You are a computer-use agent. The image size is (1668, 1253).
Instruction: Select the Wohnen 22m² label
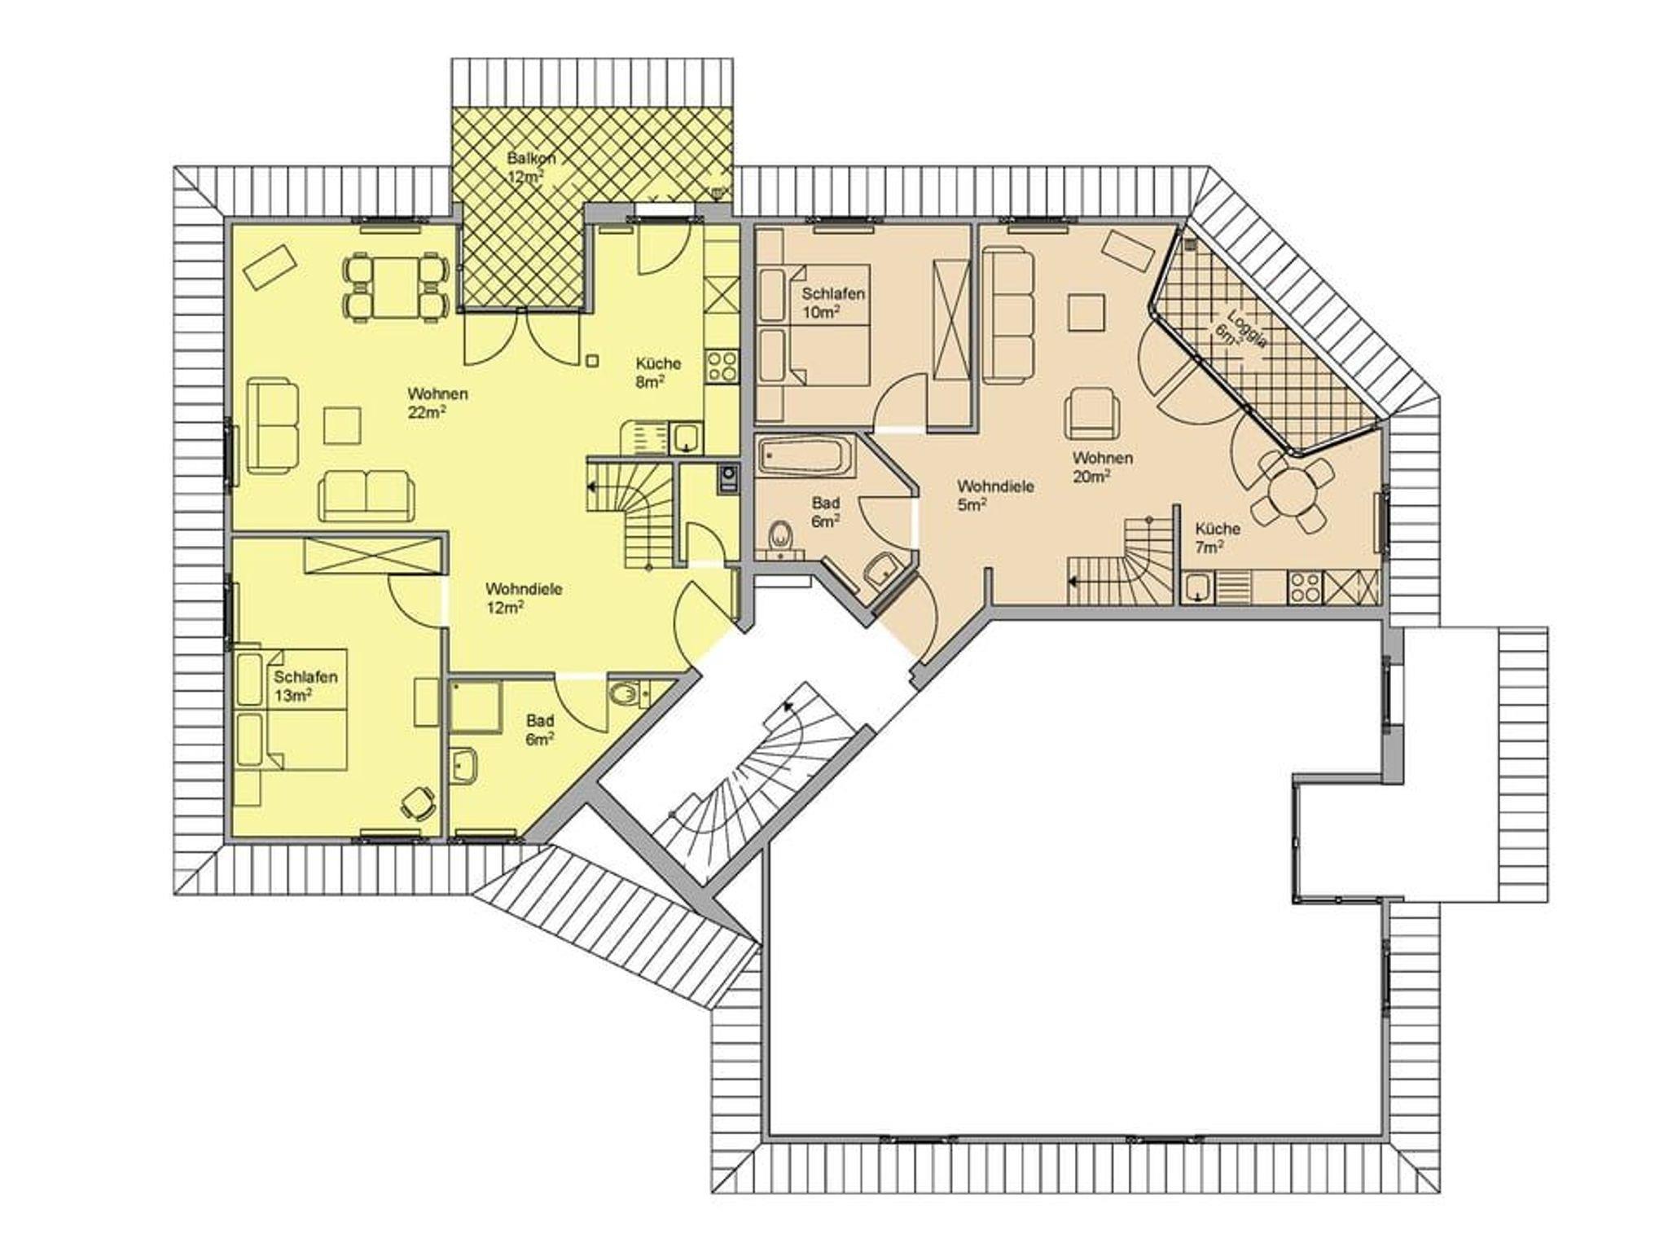437,402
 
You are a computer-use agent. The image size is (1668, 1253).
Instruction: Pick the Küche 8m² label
658,372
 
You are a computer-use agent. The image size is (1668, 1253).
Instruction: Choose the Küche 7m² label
1217,538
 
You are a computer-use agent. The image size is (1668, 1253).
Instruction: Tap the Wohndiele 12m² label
524,597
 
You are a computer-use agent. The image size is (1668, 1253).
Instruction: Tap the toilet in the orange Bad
781,538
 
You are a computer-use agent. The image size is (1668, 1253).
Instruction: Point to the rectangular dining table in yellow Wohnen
397,286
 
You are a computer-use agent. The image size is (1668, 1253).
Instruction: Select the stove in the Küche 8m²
722,365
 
